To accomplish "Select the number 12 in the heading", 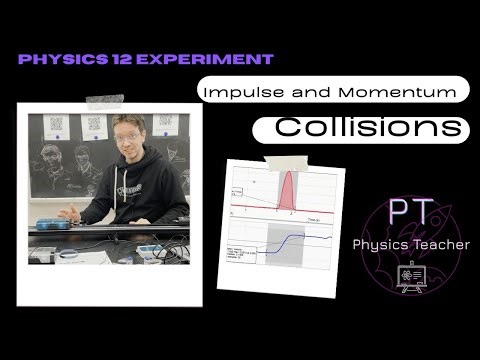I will [x=120, y=59].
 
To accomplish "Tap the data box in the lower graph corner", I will [x=245, y=254].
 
